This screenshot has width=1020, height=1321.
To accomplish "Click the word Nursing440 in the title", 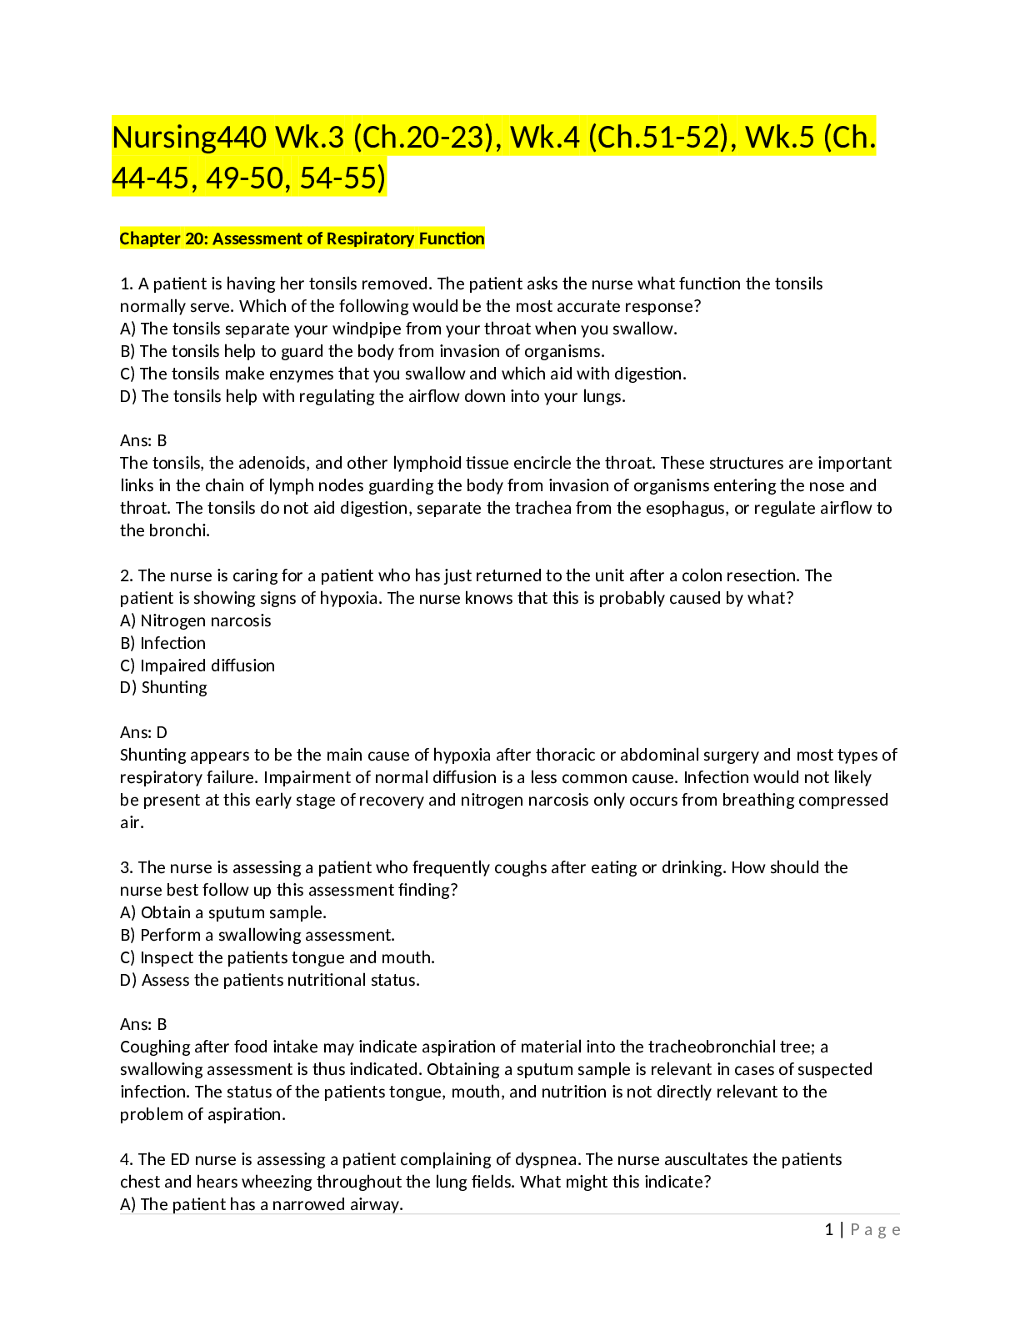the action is tap(189, 138).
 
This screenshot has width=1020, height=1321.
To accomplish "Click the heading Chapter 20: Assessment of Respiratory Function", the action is tap(302, 239).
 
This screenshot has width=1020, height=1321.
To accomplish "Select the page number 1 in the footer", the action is tap(828, 1229).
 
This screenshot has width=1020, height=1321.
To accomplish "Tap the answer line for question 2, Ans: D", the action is tap(143, 732).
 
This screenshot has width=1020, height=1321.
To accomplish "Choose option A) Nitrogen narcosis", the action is tap(196, 620).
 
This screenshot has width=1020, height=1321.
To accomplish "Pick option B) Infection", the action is tap(162, 642).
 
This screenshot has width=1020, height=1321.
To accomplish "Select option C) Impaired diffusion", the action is tap(197, 665).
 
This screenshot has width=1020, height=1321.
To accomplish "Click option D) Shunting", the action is tap(163, 687).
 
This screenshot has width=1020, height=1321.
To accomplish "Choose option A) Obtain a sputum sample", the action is tap(223, 912).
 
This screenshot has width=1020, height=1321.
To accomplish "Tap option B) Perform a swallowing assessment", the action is tap(257, 934).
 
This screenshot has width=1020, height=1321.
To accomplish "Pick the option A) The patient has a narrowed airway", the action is tap(262, 1204).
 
